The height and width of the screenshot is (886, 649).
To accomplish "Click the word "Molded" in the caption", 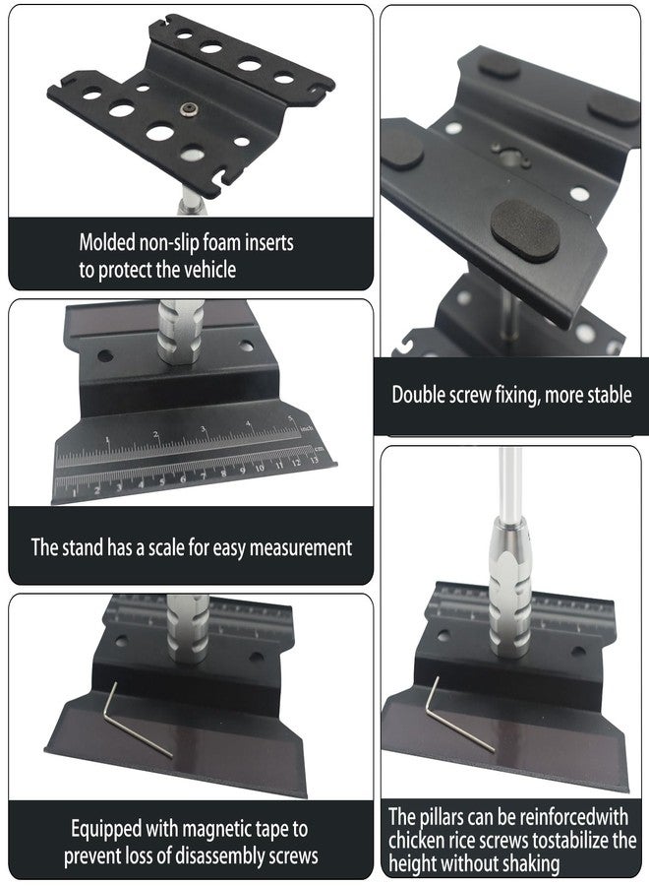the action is pos(106,242).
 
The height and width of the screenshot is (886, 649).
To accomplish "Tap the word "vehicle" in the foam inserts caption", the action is pos(208,270).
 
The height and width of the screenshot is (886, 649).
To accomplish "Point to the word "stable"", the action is pos(610,395).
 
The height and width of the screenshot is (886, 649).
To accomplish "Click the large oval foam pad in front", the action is pos(525,230).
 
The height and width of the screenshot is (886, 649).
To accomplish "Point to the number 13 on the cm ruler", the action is pos(314,460).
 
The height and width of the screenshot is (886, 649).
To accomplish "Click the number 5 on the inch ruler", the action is pos(291,418).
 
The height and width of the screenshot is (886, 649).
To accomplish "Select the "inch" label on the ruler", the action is pos(307,429).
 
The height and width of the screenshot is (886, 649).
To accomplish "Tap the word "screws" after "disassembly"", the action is pos(293,855).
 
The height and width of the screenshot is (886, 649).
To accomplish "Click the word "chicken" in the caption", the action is pos(416,840).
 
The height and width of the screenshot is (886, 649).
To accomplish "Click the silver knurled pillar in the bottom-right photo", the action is pos(509,588).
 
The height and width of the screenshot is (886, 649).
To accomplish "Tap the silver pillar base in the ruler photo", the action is pos(180,333).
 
